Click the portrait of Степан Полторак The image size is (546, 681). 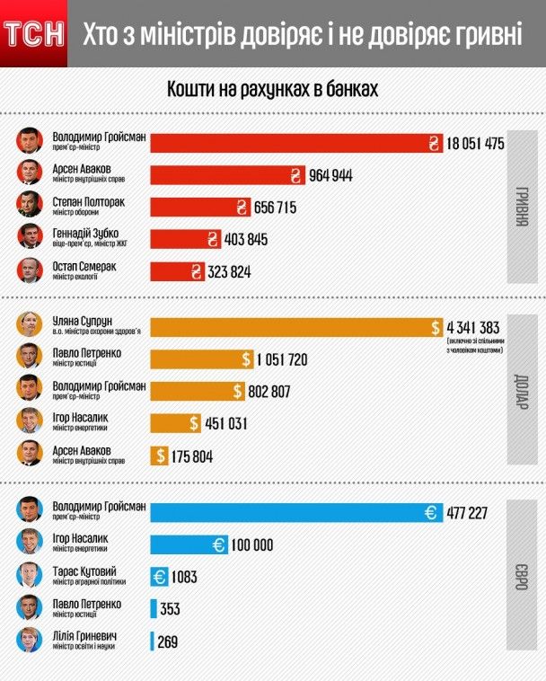tap(31, 206)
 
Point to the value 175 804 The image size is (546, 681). tap(191, 455)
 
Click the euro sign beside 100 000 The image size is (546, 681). tap(219, 544)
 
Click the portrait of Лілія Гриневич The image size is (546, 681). tap(31, 641)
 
